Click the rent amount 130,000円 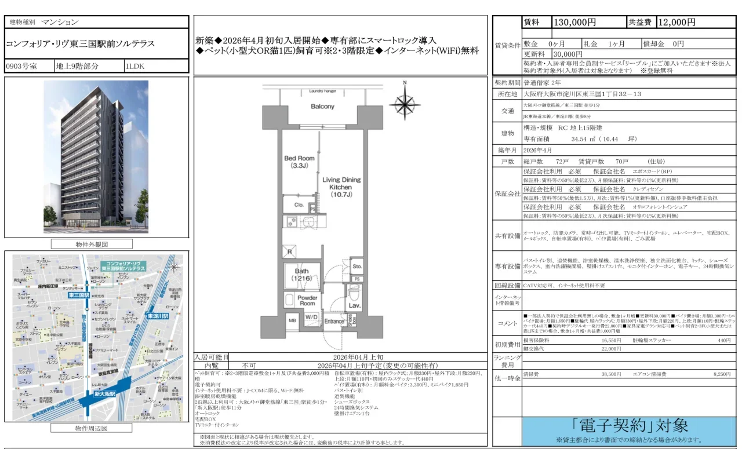575,22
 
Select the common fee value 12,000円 676,22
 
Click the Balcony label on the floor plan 322,107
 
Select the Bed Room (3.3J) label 299,162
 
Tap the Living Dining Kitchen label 341,187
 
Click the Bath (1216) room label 301,274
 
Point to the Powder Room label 307,300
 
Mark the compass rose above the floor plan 405,103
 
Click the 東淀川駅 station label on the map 157,316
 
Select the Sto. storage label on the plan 357,267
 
